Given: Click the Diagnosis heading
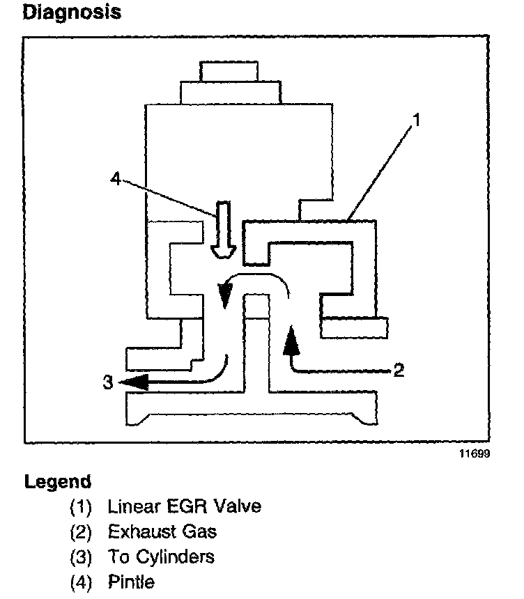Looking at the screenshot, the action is tap(72, 13).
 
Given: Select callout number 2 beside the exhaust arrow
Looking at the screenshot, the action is tap(398, 369).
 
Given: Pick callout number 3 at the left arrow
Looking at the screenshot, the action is tap(107, 382).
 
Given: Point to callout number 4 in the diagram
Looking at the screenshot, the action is tap(116, 179).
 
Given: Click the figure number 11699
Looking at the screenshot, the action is tap(474, 454).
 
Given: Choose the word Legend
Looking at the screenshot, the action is tap(58, 482).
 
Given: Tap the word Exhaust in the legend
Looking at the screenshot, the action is tap(141, 532).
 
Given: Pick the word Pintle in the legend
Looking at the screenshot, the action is tap(131, 582).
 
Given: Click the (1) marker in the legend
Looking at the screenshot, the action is tap(82, 506).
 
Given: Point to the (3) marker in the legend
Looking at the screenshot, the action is tap(82, 557).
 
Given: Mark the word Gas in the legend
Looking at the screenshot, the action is tap(200, 532).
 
